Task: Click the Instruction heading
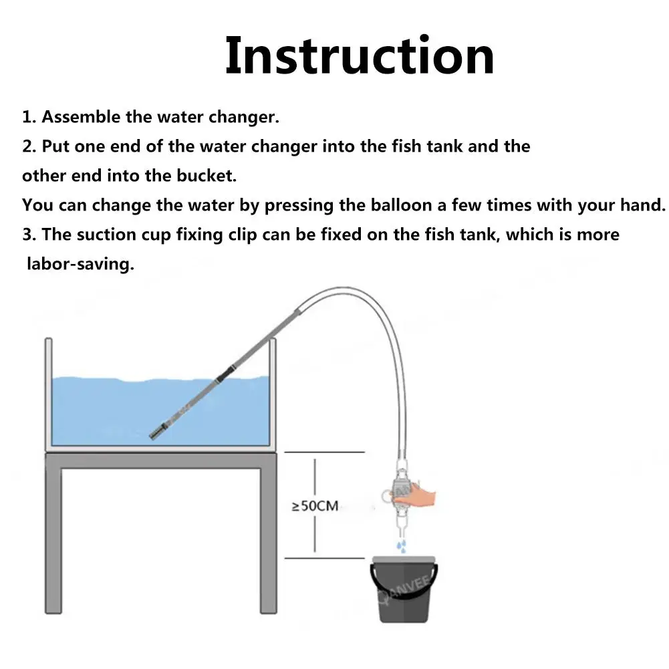tap(360, 56)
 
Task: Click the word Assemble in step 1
tap(81, 117)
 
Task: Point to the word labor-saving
tap(81, 264)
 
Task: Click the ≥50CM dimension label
tap(315, 506)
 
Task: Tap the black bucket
tap(403, 589)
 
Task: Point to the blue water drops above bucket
tap(400, 546)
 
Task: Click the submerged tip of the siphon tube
tap(156, 432)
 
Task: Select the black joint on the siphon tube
tap(225, 373)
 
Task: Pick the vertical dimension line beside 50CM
tap(315, 505)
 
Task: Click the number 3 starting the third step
tap(27, 235)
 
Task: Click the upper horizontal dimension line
tap(324, 452)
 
